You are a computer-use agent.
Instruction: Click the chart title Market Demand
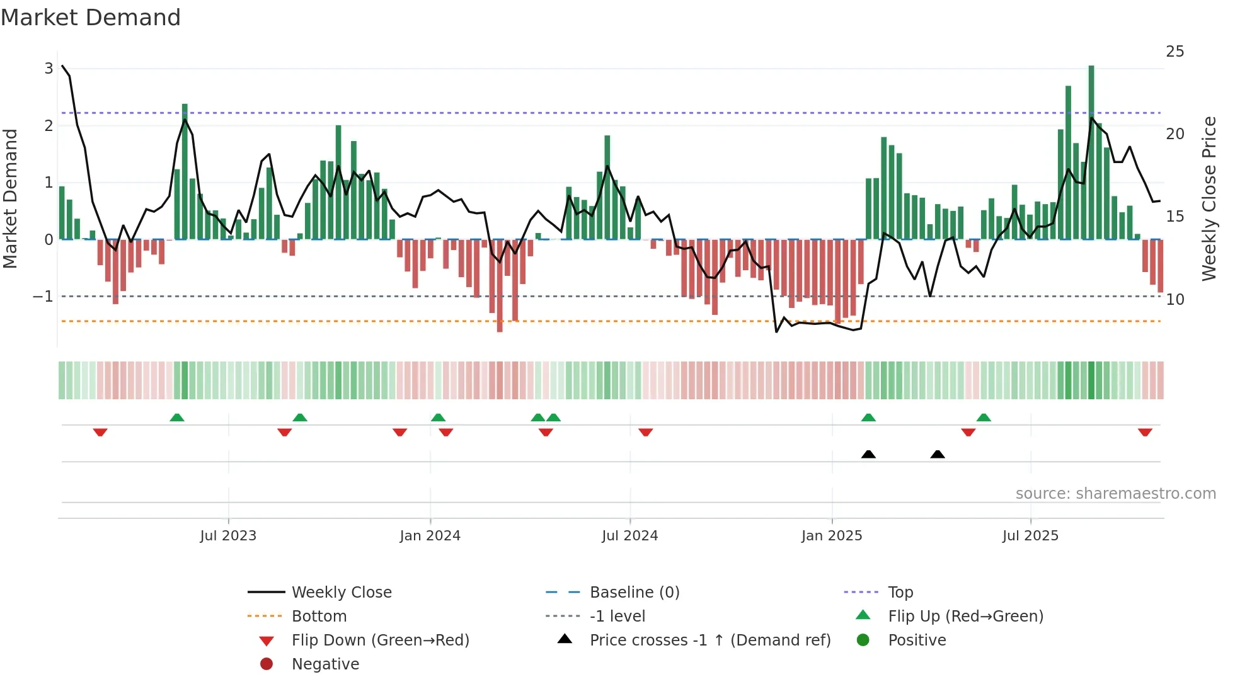pos(91,18)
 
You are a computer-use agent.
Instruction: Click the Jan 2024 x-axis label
pos(430,536)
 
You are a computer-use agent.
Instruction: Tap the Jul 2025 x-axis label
pos(1030,536)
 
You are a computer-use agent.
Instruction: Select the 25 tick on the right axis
pos(1175,52)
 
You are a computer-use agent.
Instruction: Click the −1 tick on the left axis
pos(43,297)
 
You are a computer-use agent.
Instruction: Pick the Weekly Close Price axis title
pos(1209,198)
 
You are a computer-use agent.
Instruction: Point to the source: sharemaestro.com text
pos(1115,494)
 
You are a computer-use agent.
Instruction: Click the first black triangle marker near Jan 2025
pos(868,454)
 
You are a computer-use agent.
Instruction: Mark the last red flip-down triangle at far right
pos(1145,432)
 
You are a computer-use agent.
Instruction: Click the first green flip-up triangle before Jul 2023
pos(177,418)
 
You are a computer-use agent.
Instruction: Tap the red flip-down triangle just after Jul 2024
pos(645,432)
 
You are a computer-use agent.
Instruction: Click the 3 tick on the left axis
pos(49,68)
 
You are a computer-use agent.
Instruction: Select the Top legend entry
pos(900,593)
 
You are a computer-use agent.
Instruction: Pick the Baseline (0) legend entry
pos(634,593)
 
